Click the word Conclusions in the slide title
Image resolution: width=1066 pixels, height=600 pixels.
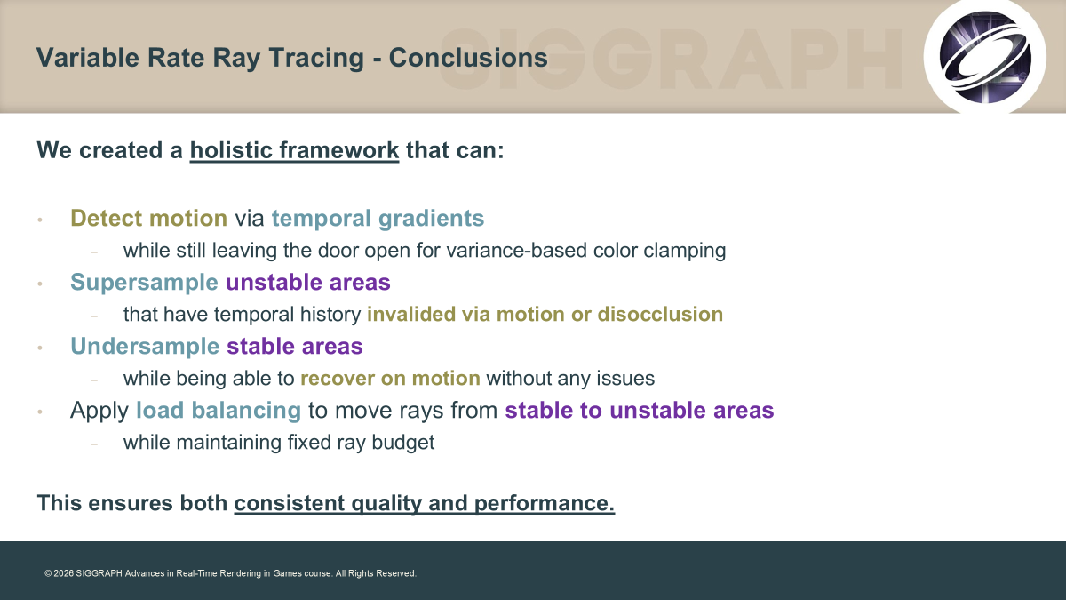coord(468,58)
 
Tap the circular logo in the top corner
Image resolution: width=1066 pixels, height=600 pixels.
coord(984,57)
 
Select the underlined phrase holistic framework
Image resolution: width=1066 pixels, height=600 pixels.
coord(294,150)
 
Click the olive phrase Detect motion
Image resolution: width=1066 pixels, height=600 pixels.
coord(149,218)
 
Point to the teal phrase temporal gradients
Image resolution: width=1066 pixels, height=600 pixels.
coord(378,219)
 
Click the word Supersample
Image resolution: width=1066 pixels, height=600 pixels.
coord(144,283)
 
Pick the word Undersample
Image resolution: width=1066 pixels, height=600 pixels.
coord(145,346)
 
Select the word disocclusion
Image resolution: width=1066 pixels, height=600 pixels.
coord(660,315)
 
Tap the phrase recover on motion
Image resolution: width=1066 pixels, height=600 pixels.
coord(390,379)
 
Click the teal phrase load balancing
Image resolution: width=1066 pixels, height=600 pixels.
coord(219,410)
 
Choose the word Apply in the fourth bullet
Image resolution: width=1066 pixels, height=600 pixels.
coord(99,411)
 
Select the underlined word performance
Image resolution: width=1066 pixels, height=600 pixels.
coord(545,503)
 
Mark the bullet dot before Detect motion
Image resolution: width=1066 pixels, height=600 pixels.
coord(40,220)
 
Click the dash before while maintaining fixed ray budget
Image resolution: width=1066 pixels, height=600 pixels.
coord(94,444)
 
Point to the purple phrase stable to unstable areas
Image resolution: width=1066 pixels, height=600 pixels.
coord(640,410)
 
